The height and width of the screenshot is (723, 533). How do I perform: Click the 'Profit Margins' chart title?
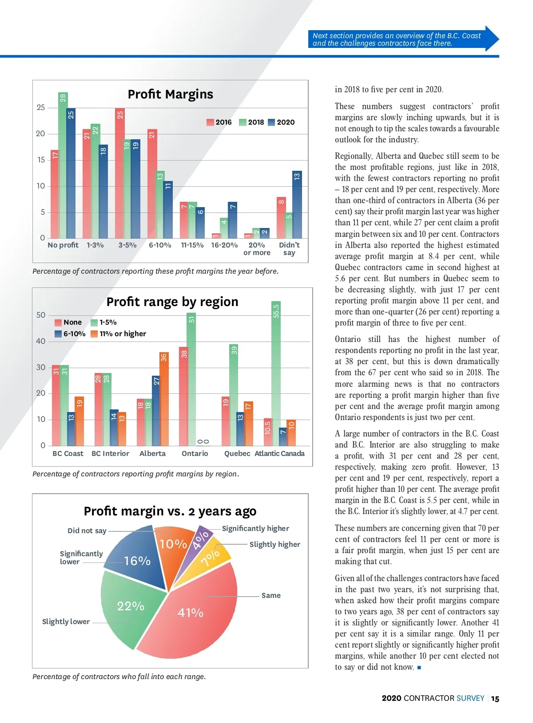(170, 94)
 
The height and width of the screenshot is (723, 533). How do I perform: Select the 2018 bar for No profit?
(63, 169)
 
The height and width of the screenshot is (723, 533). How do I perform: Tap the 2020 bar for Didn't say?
(297, 206)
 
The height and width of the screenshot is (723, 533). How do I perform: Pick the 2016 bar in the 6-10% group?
(152, 186)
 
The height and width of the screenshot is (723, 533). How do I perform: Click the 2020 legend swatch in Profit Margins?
(271, 122)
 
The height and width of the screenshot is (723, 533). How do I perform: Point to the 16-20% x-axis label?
(224, 245)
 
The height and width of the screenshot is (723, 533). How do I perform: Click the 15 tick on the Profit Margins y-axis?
(41, 160)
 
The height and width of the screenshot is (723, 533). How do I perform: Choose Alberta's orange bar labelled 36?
(164, 399)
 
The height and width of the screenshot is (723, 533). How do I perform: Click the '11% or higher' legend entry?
(119, 334)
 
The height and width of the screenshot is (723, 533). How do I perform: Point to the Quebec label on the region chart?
(237, 453)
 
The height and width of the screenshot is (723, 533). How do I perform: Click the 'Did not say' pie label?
(87, 531)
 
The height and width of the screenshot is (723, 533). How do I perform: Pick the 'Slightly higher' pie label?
(274, 545)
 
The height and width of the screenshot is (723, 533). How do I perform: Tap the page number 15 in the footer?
(495, 699)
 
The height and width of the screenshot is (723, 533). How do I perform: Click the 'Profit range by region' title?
(172, 302)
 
